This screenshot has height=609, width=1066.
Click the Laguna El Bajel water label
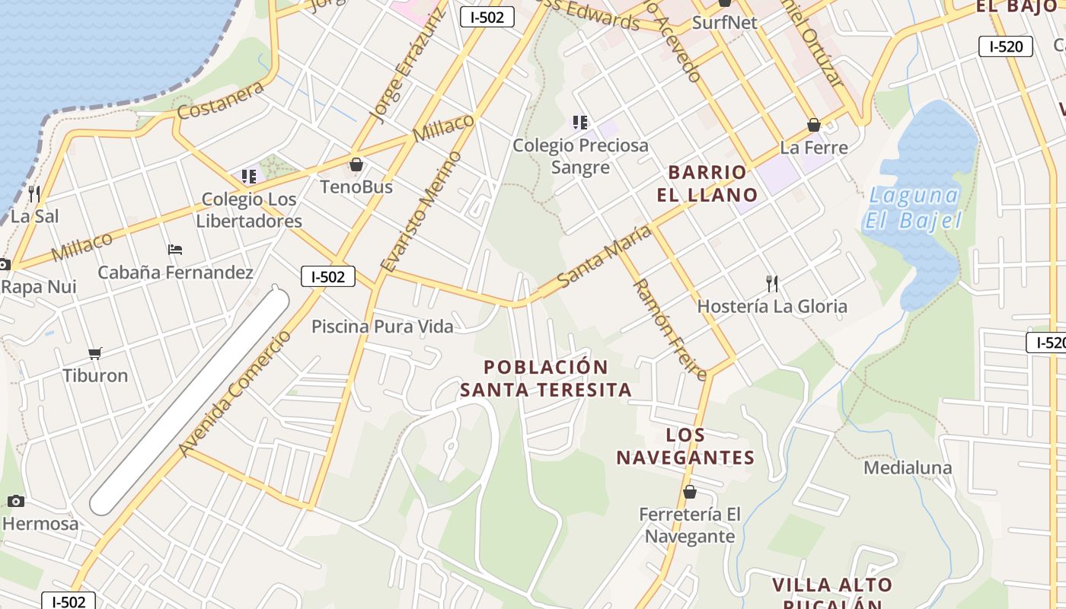point(912,208)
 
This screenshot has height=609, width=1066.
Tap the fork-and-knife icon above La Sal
point(34,193)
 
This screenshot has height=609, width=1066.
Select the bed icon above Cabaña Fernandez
point(174,249)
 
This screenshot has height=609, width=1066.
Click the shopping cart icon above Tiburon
point(95,353)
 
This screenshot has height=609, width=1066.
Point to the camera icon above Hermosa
point(16,501)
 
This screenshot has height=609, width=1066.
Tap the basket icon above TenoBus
point(356,164)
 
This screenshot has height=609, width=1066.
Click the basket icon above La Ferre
point(813,125)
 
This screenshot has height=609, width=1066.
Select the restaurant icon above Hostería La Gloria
point(772,284)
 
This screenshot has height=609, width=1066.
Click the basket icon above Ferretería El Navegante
point(689,492)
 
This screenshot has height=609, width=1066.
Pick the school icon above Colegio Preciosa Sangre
point(579,122)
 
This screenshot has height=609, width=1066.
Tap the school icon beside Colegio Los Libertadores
point(248,177)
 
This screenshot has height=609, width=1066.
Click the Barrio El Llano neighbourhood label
point(707,183)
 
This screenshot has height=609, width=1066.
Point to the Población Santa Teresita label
point(546,378)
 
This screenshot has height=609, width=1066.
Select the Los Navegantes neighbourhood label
point(685,446)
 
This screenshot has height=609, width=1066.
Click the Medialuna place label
point(908,467)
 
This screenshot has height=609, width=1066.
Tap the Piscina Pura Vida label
point(382,327)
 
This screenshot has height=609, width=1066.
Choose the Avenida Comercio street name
point(235,394)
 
